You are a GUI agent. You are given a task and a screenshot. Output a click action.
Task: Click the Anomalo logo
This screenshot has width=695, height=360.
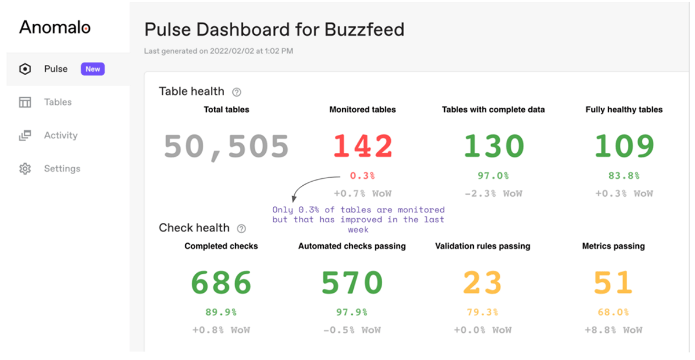[x=54, y=27]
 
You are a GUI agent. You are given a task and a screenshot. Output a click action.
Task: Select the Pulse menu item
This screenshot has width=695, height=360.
[x=56, y=69]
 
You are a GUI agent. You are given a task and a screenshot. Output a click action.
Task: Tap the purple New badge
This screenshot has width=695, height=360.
[x=93, y=69]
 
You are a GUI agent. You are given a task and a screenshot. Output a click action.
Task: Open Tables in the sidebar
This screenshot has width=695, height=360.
[x=57, y=102]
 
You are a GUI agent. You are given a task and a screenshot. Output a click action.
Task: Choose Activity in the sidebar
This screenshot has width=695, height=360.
[x=60, y=135]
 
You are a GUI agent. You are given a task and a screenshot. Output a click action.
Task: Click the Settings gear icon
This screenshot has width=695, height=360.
[x=25, y=169]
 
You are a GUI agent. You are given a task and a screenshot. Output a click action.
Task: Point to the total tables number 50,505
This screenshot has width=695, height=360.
[x=226, y=146]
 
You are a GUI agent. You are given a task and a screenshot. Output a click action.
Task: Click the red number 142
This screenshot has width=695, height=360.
[x=363, y=146]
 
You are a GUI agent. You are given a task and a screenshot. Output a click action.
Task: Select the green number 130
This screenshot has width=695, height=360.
[x=493, y=146]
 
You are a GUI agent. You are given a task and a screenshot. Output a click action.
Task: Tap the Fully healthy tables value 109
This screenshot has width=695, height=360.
[x=624, y=146]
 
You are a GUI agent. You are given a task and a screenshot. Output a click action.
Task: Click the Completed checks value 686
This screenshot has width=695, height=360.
[x=221, y=282]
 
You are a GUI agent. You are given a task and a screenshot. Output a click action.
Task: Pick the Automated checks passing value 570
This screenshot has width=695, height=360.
[x=352, y=282]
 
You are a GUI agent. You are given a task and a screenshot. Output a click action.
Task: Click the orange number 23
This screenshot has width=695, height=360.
[x=482, y=282]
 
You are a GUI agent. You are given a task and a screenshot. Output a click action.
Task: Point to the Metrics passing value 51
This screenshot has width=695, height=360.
[x=613, y=282]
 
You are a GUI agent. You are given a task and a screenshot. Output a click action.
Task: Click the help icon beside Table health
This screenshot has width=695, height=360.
[x=236, y=92]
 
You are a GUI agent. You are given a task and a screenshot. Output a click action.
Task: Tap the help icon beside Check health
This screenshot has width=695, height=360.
[x=242, y=229]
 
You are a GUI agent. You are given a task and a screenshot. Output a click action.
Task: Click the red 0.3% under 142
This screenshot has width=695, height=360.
[x=363, y=175]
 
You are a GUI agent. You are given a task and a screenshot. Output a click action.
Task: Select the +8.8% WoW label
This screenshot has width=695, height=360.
[x=613, y=330]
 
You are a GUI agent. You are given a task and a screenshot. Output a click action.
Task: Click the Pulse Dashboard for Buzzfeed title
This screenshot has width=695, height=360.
[x=274, y=30]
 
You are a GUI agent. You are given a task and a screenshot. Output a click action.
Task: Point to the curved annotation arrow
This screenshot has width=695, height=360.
[x=307, y=184]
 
